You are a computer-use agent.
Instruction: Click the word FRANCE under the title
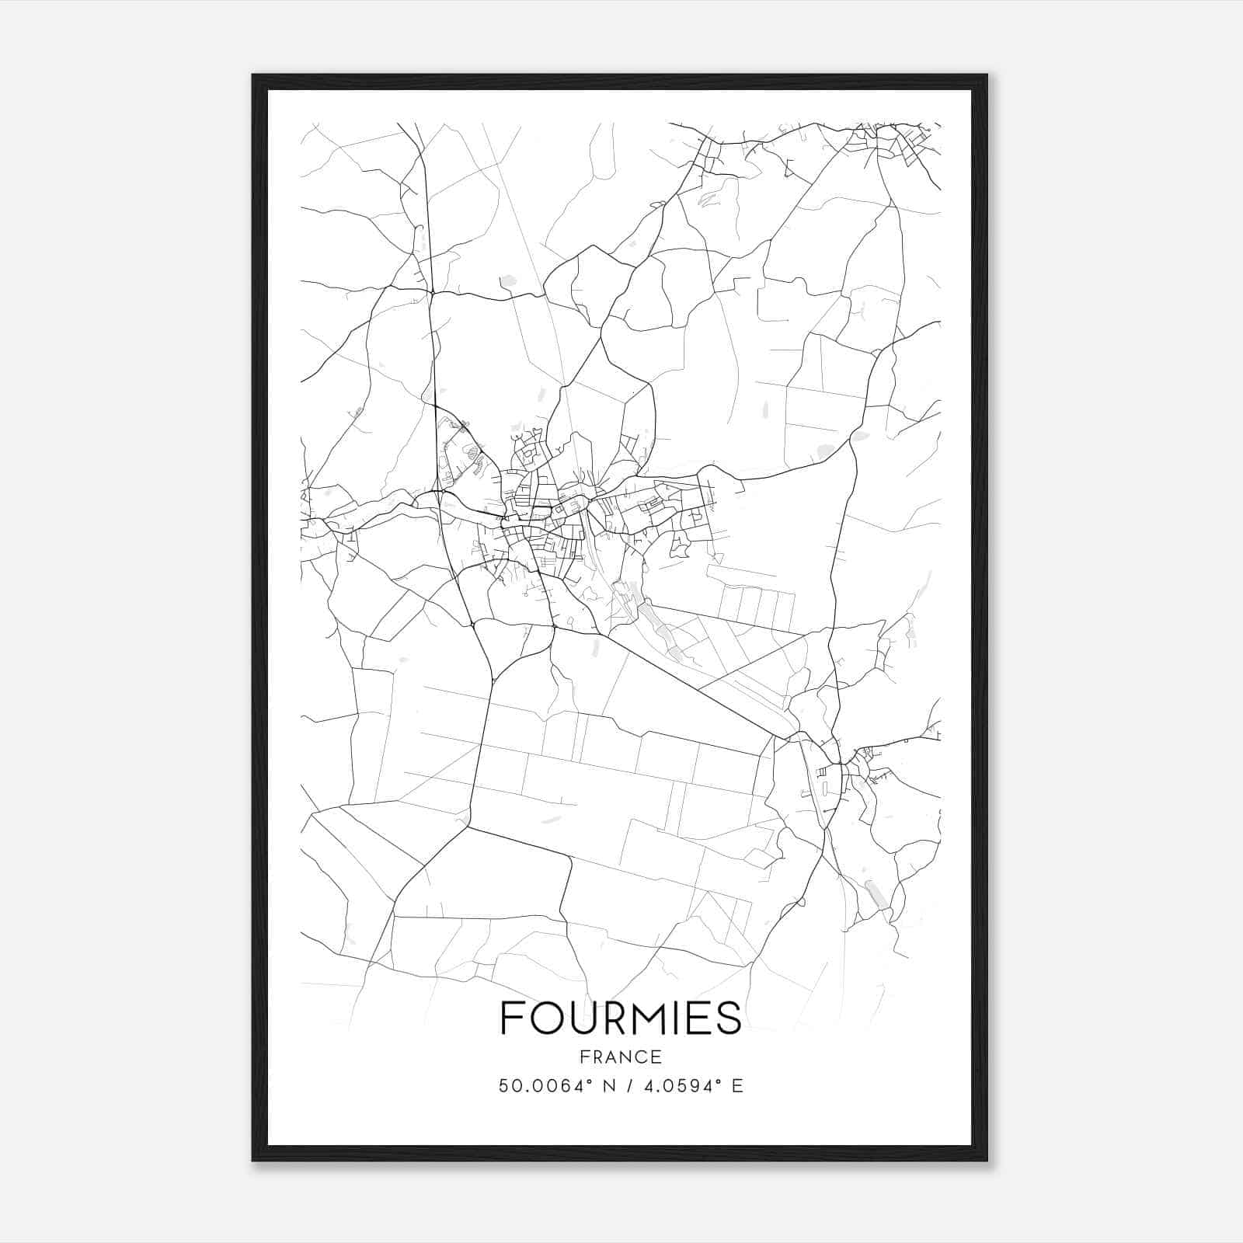tap(621, 1057)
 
